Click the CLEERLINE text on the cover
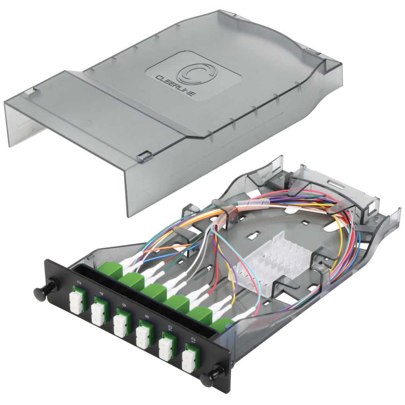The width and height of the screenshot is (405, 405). [x=175, y=85]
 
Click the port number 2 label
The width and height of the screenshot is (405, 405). [x=80, y=282]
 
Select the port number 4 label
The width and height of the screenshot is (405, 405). [x=102, y=294]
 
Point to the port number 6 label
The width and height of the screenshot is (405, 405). [x=124, y=305]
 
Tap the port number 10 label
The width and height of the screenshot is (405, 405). [x=170, y=328]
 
